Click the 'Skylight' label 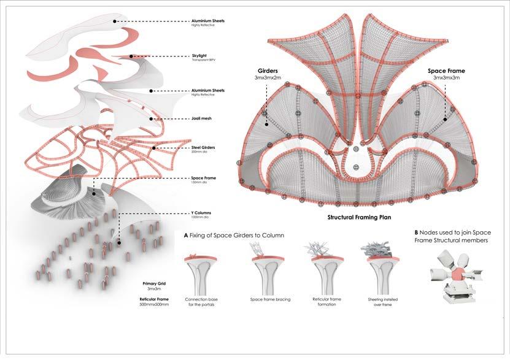pyautogui.click(x=199, y=56)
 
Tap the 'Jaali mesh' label pyautogui.click(x=201, y=118)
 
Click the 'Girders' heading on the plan pyautogui.click(x=265, y=71)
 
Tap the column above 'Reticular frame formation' pyautogui.click(x=325, y=273)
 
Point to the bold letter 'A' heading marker pyautogui.click(x=186, y=235)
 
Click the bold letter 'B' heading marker pyautogui.click(x=417, y=232)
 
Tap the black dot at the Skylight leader pyautogui.click(x=132, y=56)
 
